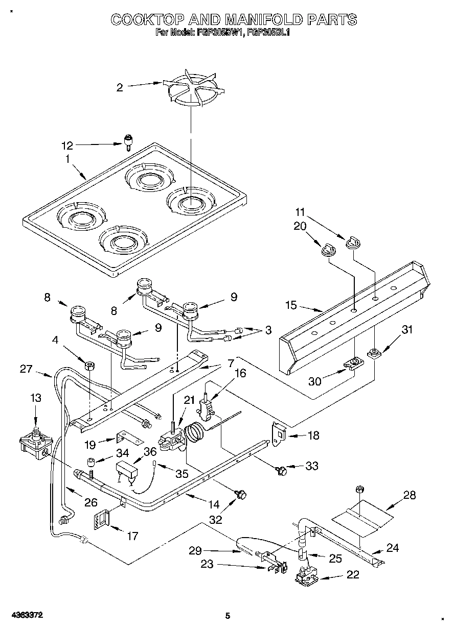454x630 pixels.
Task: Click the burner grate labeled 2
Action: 191,92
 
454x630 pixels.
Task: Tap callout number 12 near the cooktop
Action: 67,146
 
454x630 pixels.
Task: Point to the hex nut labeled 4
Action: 89,366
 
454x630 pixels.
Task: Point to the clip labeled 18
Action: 278,433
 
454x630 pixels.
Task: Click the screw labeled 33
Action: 280,469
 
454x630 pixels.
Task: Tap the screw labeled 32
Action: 241,494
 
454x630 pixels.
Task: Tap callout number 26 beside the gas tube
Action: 90,502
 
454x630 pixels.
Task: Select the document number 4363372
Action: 25,615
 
